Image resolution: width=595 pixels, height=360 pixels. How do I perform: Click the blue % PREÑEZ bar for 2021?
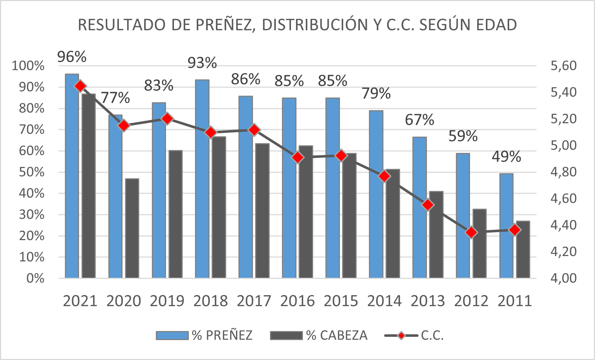point(72,181)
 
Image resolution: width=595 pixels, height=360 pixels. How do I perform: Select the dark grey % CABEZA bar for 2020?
point(132,228)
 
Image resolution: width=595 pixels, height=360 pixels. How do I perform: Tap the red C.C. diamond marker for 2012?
point(471,233)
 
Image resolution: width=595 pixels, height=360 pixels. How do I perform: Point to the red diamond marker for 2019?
point(167,119)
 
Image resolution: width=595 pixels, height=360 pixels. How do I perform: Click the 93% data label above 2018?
point(202,63)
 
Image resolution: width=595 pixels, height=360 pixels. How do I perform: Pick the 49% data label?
point(506,157)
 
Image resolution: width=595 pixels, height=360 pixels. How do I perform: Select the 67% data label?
point(419,120)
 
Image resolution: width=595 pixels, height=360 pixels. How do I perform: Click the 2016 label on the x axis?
point(297,301)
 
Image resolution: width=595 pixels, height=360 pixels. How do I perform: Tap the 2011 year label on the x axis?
point(515,301)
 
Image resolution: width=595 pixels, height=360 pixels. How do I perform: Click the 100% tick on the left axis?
point(28,66)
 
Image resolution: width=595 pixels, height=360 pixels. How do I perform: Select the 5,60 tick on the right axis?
point(563,66)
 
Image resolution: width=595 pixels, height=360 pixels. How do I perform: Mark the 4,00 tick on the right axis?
point(563,278)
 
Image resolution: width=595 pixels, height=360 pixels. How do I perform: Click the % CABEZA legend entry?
point(319,335)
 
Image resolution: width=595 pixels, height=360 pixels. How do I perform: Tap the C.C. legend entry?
point(415,335)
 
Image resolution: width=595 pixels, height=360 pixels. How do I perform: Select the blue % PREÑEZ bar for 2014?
point(376,196)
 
